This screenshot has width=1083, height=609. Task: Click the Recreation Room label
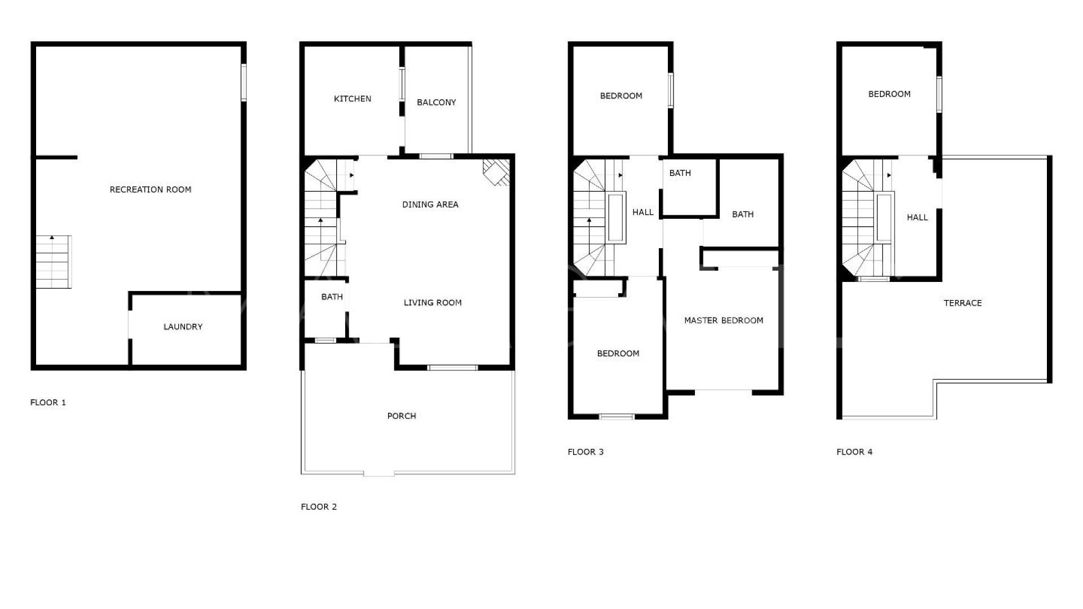pyautogui.click(x=151, y=189)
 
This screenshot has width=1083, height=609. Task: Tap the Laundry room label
pyautogui.click(x=183, y=326)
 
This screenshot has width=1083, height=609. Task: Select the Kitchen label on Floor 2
pyautogui.click(x=353, y=99)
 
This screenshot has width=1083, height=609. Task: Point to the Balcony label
pyautogui.click(x=436, y=102)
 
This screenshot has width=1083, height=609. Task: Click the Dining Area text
pyautogui.click(x=430, y=204)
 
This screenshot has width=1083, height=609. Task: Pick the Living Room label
pyautogui.click(x=433, y=303)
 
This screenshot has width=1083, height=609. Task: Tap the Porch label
pyautogui.click(x=402, y=416)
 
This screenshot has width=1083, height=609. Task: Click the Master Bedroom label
pyautogui.click(x=724, y=320)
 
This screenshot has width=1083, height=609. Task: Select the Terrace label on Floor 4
pyautogui.click(x=963, y=303)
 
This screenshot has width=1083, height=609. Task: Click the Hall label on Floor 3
pyautogui.click(x=643, y=212)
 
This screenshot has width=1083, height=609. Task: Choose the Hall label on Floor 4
pyautogui.click(x=917, y=217)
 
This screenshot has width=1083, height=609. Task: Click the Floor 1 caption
pyautogui.click(x=48, y=402)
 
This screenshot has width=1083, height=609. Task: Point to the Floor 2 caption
pyautogui.click(x=319, y=506)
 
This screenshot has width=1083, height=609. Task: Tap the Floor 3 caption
pyautogui.click(x=585, y=452)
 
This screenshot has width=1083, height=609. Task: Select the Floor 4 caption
pyautogui.click(x=854, y=452)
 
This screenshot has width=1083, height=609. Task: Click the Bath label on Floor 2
pyautogui.click(x=332, y=297)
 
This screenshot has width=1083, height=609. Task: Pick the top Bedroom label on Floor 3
pyautogui.click(x=621, y=96)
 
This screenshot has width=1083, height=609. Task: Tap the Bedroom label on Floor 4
pyautogui.click(x=889, y=94)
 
